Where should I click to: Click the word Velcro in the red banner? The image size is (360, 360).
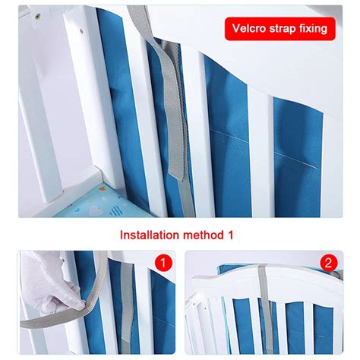pyautogui.click(x=249, y=28)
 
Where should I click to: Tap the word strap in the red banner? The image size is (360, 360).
pyautogui.click(x=282, y=29)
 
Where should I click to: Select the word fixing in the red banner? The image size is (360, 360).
pyautogui.click(x=313, y=29)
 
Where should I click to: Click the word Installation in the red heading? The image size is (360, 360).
pyautogui.click(x=150, y=235)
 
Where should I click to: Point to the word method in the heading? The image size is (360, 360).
pyautogui.click(x=203, y=235)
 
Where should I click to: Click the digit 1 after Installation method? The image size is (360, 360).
pyautogui.click(x=229, y=235)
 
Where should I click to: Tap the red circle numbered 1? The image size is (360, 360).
pyautogui.click(x=163, y=263)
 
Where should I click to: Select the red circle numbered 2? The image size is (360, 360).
pyautogui.click(x=329, y=263)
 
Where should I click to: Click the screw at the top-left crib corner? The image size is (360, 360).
pyautogui.click(x=38, y=17)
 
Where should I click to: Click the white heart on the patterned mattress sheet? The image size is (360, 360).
pyautogui.click(x=96, y=210)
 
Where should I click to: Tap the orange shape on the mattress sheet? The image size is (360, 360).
pyautogui.click(x=102, y=188)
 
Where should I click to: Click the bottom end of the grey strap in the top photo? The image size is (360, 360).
pyautogui.click(x=188, y=213)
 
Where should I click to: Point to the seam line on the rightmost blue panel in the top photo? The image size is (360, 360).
pyautogui.click(x=295, y=159)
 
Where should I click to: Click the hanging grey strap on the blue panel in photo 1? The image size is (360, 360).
pyautogui.click(x=126, y=304)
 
